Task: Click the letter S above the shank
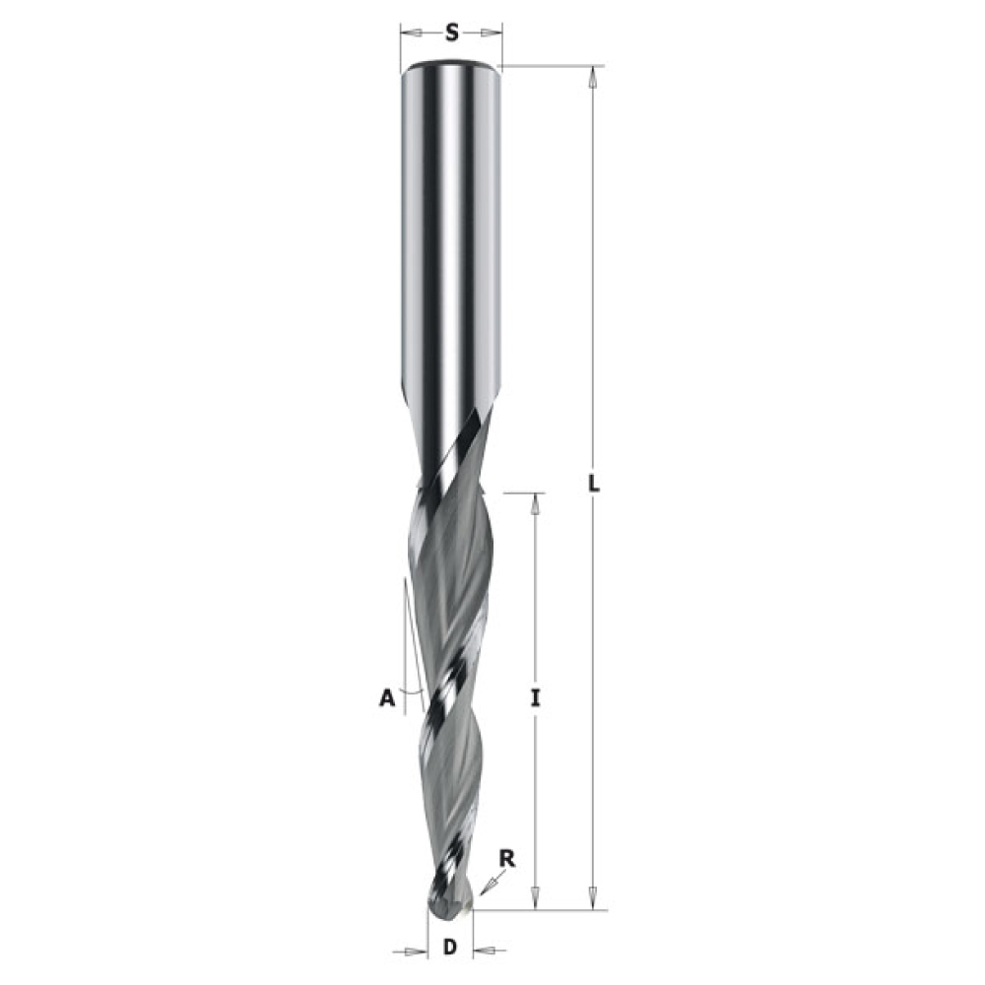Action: coord(452,33)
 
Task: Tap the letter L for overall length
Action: coord(594,486)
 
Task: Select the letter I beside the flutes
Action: coord(535,698)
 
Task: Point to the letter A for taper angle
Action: coord(387,698)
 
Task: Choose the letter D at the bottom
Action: coord(450,949)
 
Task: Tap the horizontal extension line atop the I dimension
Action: coord(522,491)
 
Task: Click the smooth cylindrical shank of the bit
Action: coord(451,246)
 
